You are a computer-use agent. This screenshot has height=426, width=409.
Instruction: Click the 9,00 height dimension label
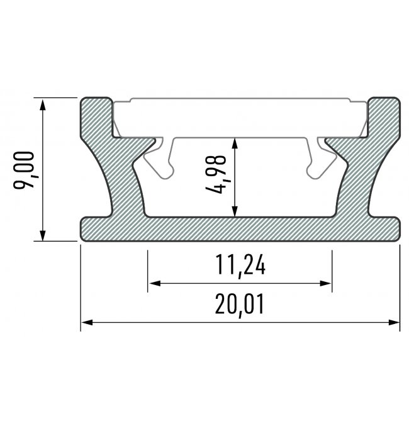tap(24, 170)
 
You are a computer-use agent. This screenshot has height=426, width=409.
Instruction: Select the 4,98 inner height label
tap(216, 174)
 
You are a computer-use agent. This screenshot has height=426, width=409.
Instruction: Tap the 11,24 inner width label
tap(240, 266)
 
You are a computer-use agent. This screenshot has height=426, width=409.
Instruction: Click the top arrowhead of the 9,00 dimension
tap(42, 104)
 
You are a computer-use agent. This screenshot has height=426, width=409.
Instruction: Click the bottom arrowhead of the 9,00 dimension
tap(42, 235)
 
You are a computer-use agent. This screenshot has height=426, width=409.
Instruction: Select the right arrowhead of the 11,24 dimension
tap(325, 283)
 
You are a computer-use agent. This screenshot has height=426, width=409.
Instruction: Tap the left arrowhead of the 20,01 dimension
tap(87, 322)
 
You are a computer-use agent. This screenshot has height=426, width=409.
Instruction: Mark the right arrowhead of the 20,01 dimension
tap(394, 322)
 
